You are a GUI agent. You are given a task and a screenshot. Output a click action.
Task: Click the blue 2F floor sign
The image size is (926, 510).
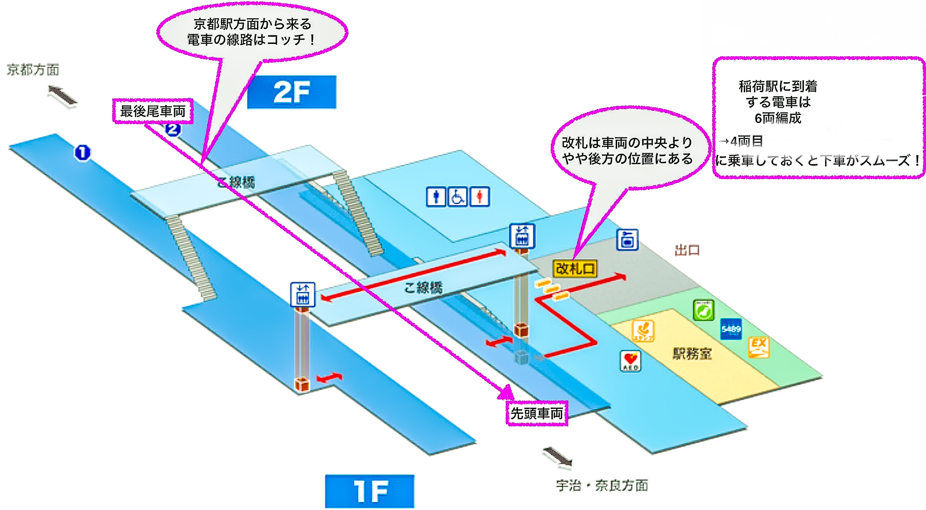click(291, 92)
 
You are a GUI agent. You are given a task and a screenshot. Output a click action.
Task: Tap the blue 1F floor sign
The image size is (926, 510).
click(369, 491)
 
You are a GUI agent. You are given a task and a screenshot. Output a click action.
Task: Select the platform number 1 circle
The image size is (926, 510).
click(82, 153)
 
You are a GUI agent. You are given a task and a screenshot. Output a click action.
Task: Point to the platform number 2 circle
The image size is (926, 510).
click(173, 129)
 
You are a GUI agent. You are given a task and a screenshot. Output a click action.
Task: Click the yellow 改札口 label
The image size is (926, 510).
click(575, 269)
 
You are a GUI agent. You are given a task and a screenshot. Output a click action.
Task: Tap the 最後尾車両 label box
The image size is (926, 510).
click(153, 111)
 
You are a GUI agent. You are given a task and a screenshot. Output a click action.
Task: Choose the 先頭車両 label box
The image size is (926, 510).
click(537, 413)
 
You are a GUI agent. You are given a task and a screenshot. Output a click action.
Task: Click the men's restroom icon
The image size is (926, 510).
click(436, 196)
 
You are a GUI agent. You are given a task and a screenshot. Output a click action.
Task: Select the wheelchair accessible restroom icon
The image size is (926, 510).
click(457, 196)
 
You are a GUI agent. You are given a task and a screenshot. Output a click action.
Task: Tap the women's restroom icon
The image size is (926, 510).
click(479, 196)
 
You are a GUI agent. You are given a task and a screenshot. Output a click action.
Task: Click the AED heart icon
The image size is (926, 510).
click(630, 361)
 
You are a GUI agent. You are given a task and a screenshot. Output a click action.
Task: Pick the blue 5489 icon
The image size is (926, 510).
click(731, 329)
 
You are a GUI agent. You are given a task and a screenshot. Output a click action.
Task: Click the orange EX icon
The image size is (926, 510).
click(758, 347)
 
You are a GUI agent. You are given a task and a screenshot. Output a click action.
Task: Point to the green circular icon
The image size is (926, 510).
click(704, 310)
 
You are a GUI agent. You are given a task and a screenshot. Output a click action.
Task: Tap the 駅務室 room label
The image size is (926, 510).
click(692, 354)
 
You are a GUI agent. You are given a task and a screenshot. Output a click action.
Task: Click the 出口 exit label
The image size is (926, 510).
click(687, 250)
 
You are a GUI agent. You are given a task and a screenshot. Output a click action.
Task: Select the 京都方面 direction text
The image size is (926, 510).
click(33, 70)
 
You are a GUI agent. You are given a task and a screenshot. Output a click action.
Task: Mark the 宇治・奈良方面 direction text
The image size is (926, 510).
click(602, 486)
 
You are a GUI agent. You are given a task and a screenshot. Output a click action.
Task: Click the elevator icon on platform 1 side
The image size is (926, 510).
click(303, 294)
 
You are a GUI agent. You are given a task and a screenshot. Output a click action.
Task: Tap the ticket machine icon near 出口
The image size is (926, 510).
click(627, 240)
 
